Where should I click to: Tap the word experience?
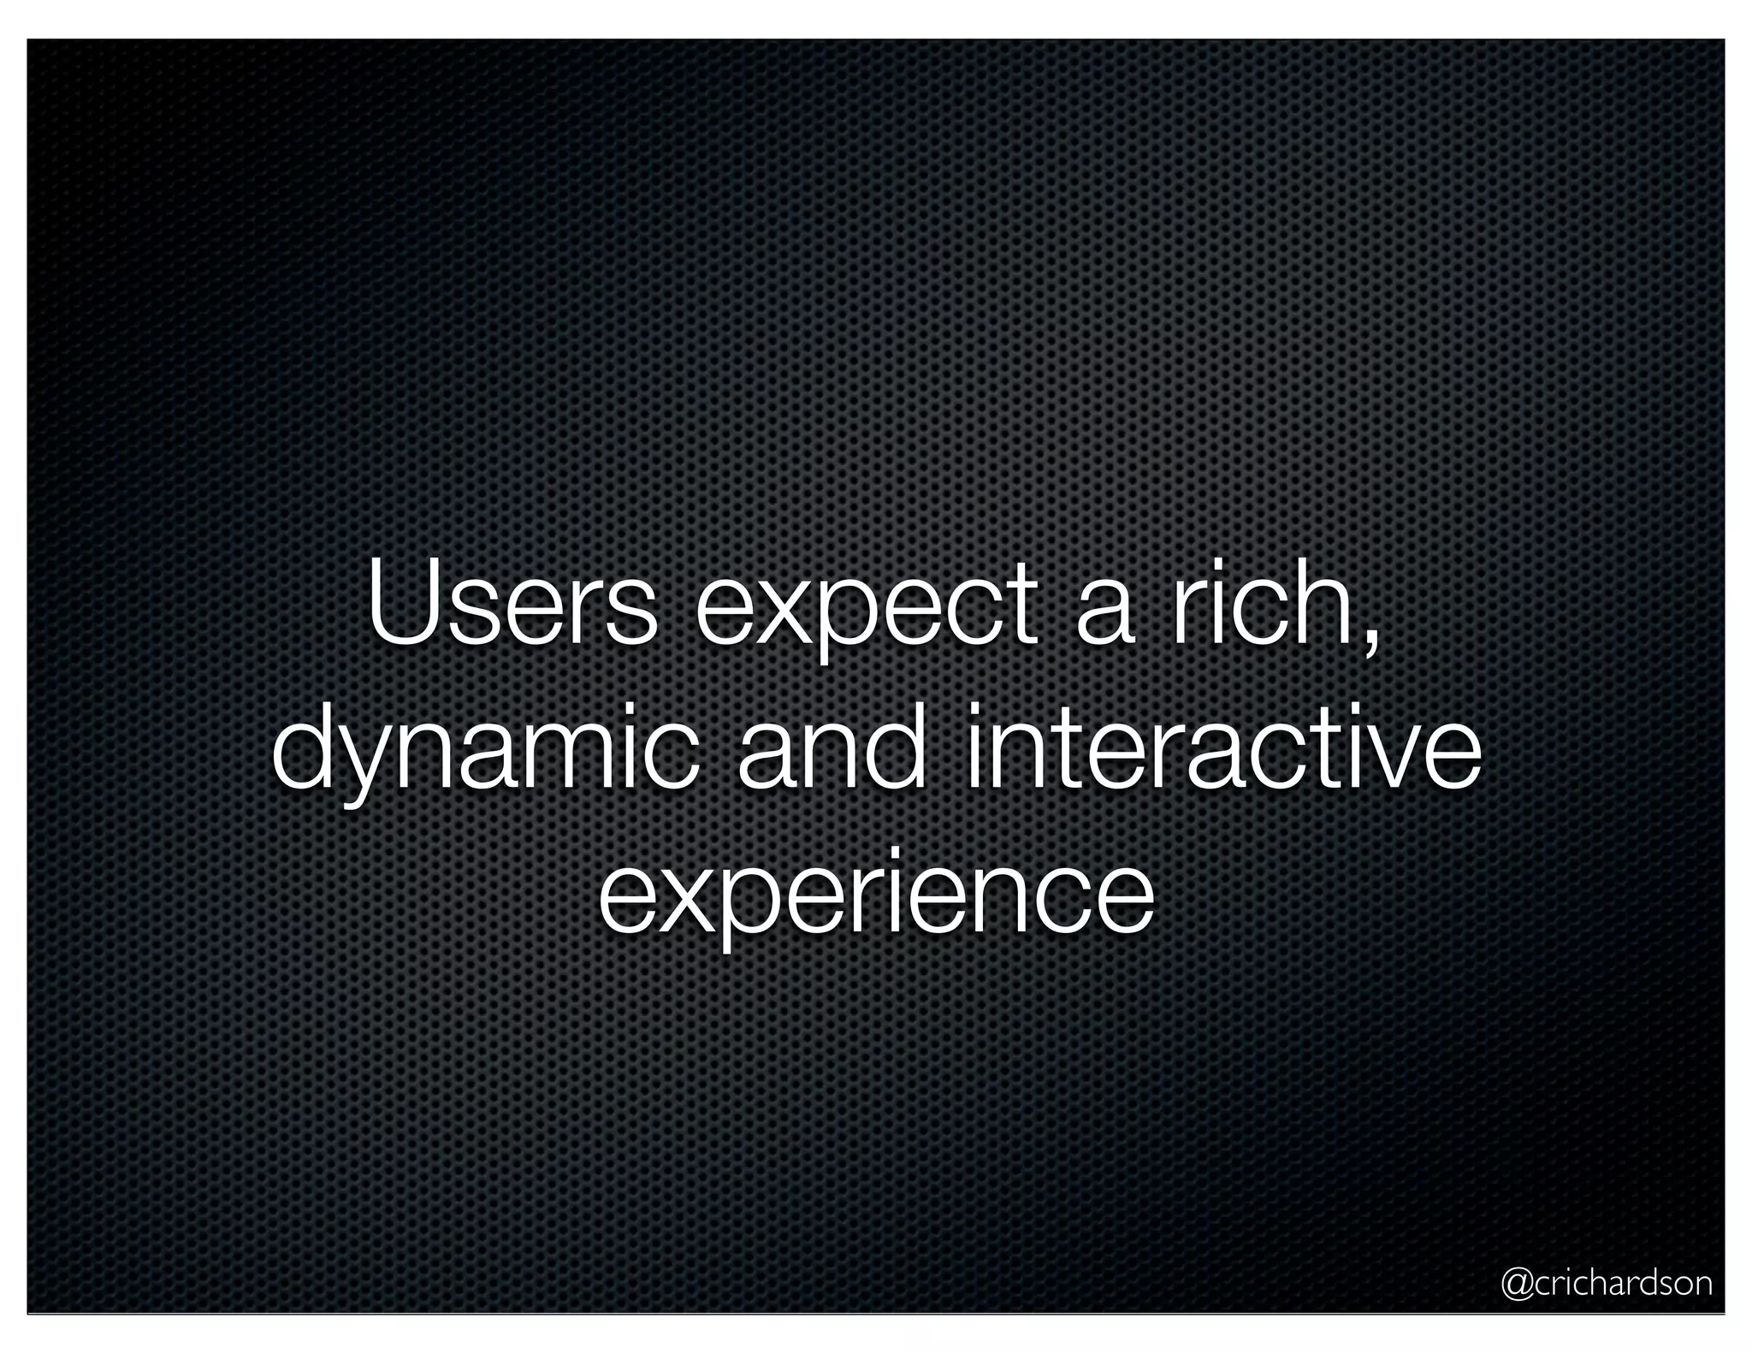point(876,898)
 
